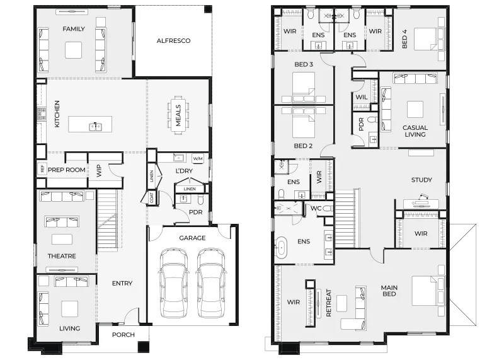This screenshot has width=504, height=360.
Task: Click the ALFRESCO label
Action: (x=173, y=41)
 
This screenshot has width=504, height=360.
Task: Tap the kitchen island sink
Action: (x=95, y=127)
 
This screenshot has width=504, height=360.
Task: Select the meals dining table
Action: (x=178, y=115)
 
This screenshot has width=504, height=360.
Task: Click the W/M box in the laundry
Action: (x=197, y=159)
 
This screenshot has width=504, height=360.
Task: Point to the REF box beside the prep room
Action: (x=42, y=168)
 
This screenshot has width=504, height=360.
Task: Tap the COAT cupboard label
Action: (x=151, y=197)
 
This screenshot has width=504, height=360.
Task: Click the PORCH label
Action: (x=123, y=335)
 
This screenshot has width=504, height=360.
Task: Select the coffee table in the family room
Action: (x=73, y=50)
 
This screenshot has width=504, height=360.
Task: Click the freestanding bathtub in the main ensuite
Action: (x=282, y=247)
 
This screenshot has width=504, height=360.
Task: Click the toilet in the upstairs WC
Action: (x=328, y=209)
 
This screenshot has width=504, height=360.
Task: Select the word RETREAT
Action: (x=328, y=303)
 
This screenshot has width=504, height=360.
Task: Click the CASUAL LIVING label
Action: (x=415, y=131)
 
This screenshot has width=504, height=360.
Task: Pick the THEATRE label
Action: (x=62, y=256)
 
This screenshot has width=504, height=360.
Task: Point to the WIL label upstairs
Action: (x=362, y=97)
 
